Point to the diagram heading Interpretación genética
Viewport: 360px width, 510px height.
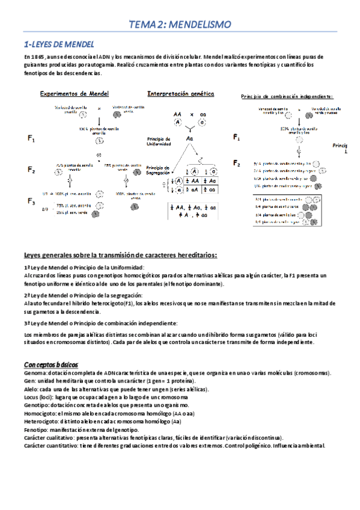pos(177,94)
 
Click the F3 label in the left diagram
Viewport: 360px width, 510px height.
pos(31,200)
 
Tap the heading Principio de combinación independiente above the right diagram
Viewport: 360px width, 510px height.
pos(287,96)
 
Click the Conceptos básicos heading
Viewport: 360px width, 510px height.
pos(50,365)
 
